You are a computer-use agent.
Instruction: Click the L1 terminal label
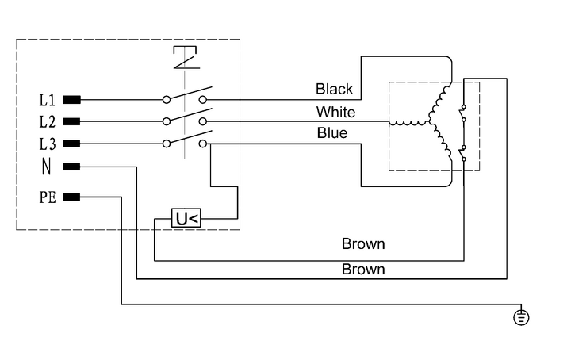coord(47,101)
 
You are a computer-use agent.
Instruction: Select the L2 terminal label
coord(47,122)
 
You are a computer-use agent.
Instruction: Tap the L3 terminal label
coord(47,144)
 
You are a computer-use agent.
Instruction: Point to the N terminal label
coord(46,167)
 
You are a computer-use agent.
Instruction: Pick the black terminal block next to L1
coord(71,100)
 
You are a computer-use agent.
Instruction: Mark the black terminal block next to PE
coord(71,197)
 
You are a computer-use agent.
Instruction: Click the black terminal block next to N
coord(71,167)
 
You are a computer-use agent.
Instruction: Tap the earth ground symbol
coord(521,318)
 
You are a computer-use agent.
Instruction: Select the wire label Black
coord(334,90)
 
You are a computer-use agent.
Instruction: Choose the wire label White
coord(335,113)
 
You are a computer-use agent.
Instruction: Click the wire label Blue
coord(331,133)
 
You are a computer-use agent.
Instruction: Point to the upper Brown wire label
coord(363,243)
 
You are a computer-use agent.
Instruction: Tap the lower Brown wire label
coord(363,270)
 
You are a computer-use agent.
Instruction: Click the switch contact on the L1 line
coord(185,96)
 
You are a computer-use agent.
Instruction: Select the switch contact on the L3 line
coord(185,140)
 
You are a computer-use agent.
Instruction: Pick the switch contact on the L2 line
coord(185,117)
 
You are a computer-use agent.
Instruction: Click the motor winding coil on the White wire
coord(408,123)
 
